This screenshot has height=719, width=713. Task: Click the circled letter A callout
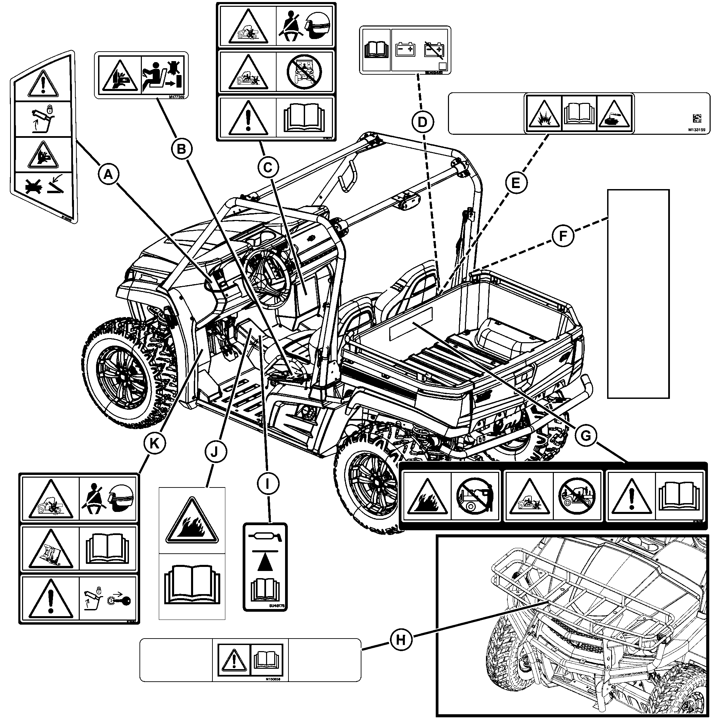click(x=108, y=174)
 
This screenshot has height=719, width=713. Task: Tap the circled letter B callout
click(x=181, y=149)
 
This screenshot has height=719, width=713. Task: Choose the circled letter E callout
click(x=515, y=183)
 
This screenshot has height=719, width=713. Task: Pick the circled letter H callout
click(x=400, y=640)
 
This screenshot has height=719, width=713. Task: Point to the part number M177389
click(x=176, y=97)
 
